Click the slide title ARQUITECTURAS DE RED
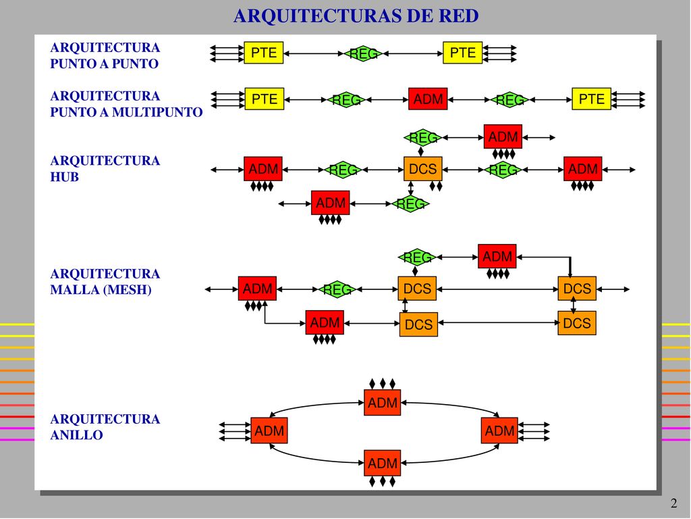pyautogui.click(x=356, y=16)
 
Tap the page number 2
pyautogui.click(x=673, y=503)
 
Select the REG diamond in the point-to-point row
pyautogui.click(x=362, y=53)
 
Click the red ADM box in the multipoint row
pyautogui.click(x=428, y=99)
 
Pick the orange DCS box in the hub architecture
pyautogui.click(x=422, y=168)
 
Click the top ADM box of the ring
pyautogui.click(x=382, y=403)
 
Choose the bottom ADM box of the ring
pyautogui.click(x=382, y=463)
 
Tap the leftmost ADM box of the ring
pyautogui.click(x=269, y=430)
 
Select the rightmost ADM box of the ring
pyautogui.click(x=499, y=430)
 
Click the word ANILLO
pyautogui.click(x=77, y=435)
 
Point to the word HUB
pyautogui.click(x=64, y=177)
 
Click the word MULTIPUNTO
pyautogui.click(x=157, y=112)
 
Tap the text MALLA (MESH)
pyautogui.click(x=101, y=290)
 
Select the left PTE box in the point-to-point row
pyautogui.click(x=264, y=53)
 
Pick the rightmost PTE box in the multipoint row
pyautogui.click(x=591, y=99)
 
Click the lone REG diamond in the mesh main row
pyautogui.click(x=337, y=289)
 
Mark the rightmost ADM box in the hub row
pyautogui.click(x=582, y=168)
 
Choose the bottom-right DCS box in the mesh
pyautogui.click(x=577, y=323)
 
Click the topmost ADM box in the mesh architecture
pyautogui.click(x=497, y=256)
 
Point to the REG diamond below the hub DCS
pyautogui.click(x=410, y=204)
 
